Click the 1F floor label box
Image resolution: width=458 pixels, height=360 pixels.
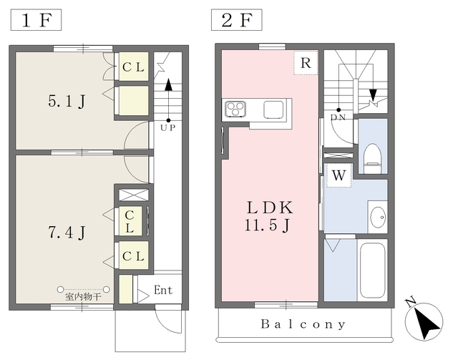[x=36, y=20]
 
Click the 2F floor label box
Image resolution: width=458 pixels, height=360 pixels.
[x=237, y=20]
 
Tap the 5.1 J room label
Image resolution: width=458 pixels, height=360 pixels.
[x=67, y=102]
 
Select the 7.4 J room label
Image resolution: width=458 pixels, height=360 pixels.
[x=67, y=233]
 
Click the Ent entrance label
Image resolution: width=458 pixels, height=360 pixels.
[x=163, y=290]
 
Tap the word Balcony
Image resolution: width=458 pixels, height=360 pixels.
[x=303, y=324]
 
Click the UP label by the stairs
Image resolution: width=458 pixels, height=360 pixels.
[x=168, y=127]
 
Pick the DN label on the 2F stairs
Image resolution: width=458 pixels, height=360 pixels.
[x=338, y=117]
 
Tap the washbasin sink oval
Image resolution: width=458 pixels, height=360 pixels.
[x=378, y=217]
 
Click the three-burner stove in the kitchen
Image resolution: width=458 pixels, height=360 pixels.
[x=235, y=109]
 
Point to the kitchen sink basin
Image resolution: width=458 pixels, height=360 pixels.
[x=273, y=110]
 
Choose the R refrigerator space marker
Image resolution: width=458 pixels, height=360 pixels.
[x=306, y=63]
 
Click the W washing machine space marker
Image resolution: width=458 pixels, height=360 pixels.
[x=338, y=175]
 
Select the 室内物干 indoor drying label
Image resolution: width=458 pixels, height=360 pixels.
[x=83, y=297]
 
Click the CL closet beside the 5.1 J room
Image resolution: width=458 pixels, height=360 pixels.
[x=133, y=67]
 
